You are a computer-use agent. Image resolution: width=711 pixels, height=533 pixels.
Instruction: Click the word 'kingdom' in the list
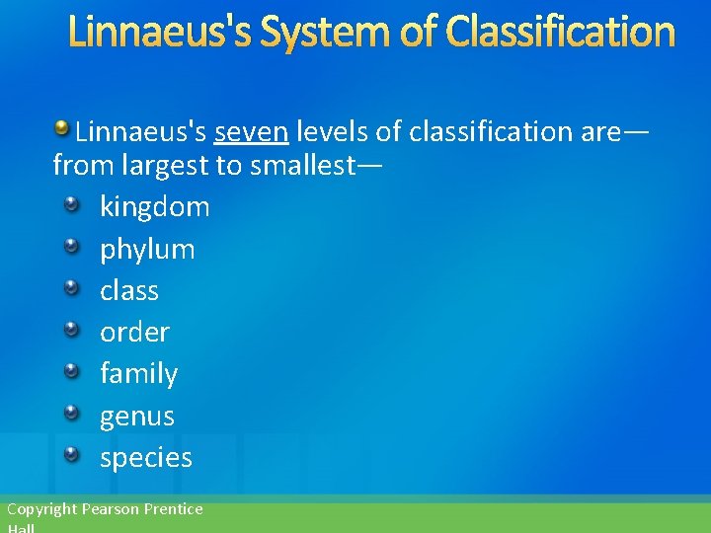155,207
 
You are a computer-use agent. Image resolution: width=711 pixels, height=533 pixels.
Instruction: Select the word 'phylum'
147,249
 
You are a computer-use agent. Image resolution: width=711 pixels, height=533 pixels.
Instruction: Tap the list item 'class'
129,290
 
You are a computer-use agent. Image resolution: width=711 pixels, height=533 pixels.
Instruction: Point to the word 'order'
134,333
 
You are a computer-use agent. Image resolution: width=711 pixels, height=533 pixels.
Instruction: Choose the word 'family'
138,374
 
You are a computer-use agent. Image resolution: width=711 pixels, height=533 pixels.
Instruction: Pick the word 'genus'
136,417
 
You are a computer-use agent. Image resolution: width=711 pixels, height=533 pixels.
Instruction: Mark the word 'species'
146,458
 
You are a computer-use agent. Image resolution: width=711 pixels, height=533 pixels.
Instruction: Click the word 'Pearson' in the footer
111,509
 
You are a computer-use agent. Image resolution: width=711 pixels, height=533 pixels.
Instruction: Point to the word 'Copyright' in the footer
41,509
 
